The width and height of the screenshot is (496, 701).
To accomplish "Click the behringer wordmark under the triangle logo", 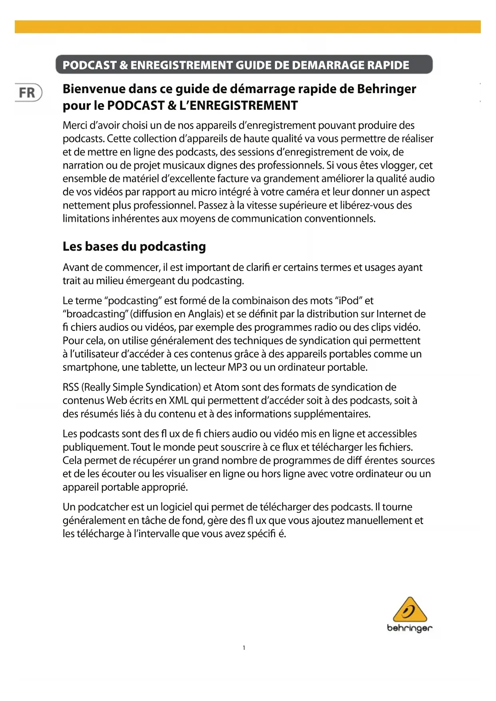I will tap(410, 628).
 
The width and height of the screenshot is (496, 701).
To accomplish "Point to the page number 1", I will tap(244, 648).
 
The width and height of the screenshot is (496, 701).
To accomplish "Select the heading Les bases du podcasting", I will tap(134, 247).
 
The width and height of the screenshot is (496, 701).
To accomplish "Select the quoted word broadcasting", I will tap(95, 314).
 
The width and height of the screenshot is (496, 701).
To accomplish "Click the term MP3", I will tap(237, 367).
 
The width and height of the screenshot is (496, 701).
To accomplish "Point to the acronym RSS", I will tap(71, 387).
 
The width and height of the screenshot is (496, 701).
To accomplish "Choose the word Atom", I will tap(227, 387).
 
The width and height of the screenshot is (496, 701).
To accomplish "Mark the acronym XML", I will tap(179, 400).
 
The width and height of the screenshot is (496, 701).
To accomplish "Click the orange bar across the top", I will tap(248, 27).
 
